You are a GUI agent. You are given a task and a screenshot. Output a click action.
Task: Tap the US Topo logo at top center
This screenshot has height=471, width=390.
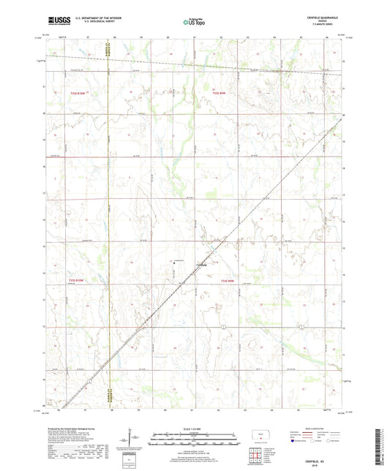193,22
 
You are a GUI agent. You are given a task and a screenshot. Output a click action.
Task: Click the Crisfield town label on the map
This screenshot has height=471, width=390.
202,265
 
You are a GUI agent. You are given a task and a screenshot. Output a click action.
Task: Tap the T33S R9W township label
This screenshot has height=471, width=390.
228,279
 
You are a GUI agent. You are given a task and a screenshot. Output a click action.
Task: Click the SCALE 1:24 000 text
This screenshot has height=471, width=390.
194,428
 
